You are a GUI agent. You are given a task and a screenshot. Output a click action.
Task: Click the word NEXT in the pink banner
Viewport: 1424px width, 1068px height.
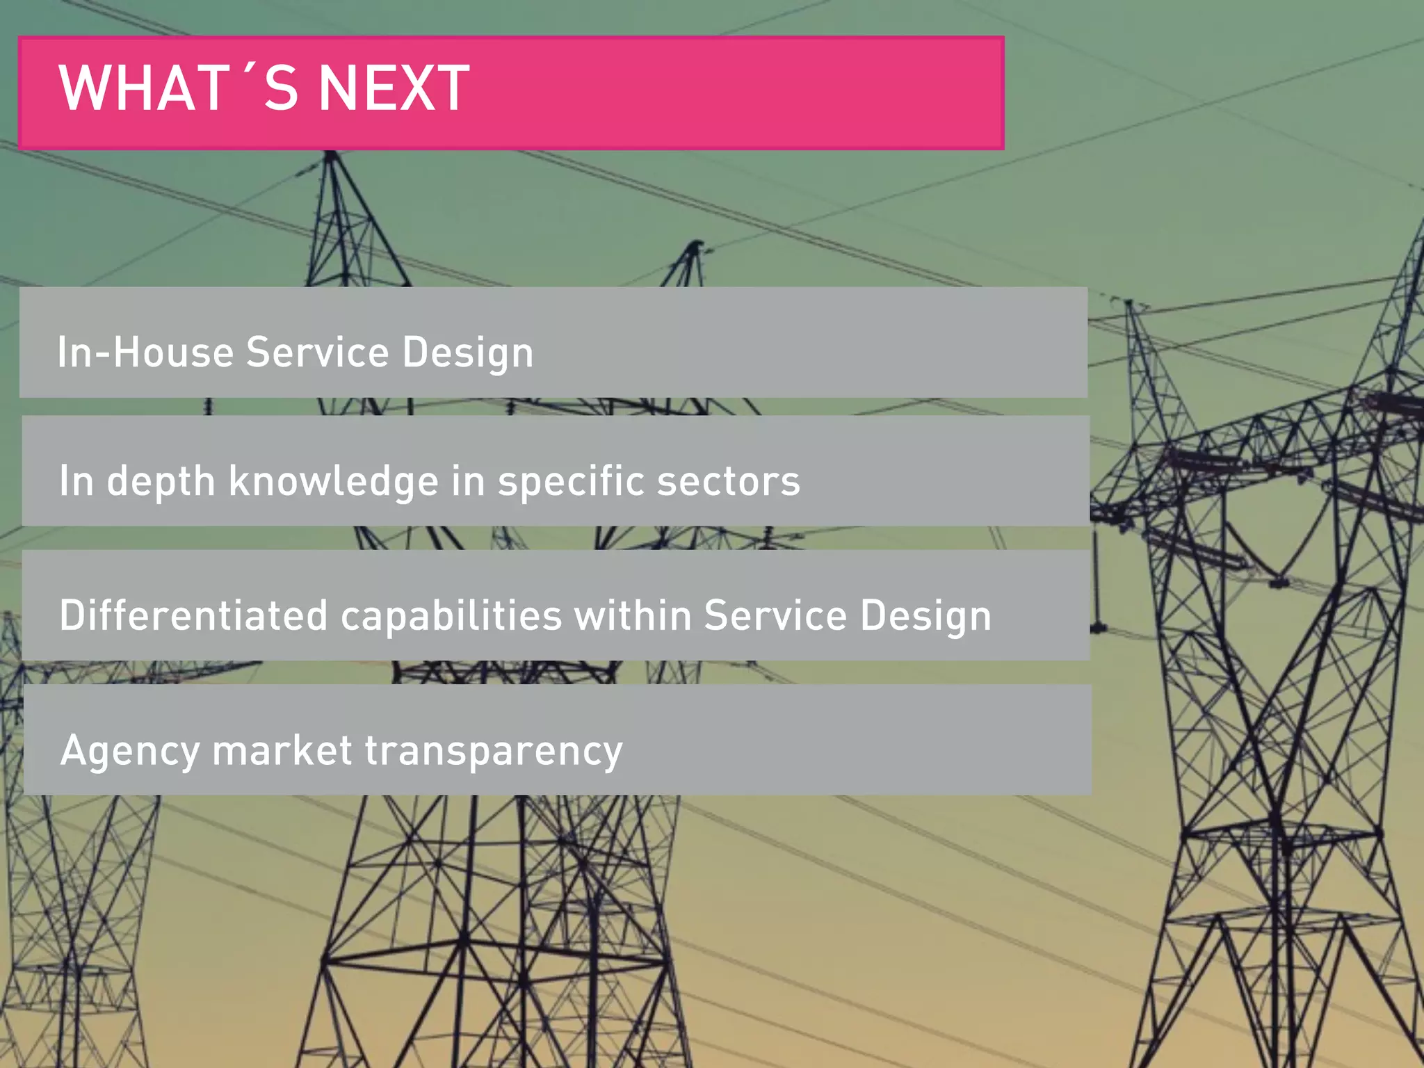coord(394,88)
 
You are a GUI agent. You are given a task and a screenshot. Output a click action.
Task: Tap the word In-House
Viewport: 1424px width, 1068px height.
coord(145,352)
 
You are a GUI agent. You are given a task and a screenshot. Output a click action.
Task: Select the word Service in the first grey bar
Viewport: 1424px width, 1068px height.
coord(317,352)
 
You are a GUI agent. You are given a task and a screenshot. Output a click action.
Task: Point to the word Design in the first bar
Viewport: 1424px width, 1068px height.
coord(467,353)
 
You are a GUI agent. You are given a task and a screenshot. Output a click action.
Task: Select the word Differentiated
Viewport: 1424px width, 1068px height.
coord(193,615)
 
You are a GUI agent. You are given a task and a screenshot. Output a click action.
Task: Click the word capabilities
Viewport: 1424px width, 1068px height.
coord(451,615)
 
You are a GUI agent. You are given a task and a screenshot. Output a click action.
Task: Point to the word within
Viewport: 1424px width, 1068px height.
coord(632,615)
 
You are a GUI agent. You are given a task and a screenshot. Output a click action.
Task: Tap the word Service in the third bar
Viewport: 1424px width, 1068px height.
coord(775,615)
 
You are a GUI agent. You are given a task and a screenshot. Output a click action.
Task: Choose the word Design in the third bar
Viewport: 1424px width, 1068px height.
coord(925,617)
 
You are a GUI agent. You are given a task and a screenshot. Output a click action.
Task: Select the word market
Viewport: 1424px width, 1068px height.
coord(282,750)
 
